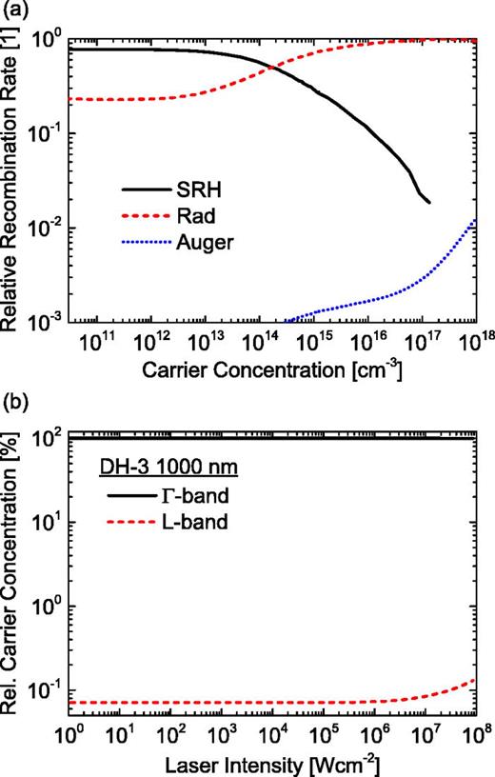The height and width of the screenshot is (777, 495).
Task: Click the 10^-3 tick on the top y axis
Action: (46, 323)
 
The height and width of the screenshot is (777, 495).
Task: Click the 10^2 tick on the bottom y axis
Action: (46, 437)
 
